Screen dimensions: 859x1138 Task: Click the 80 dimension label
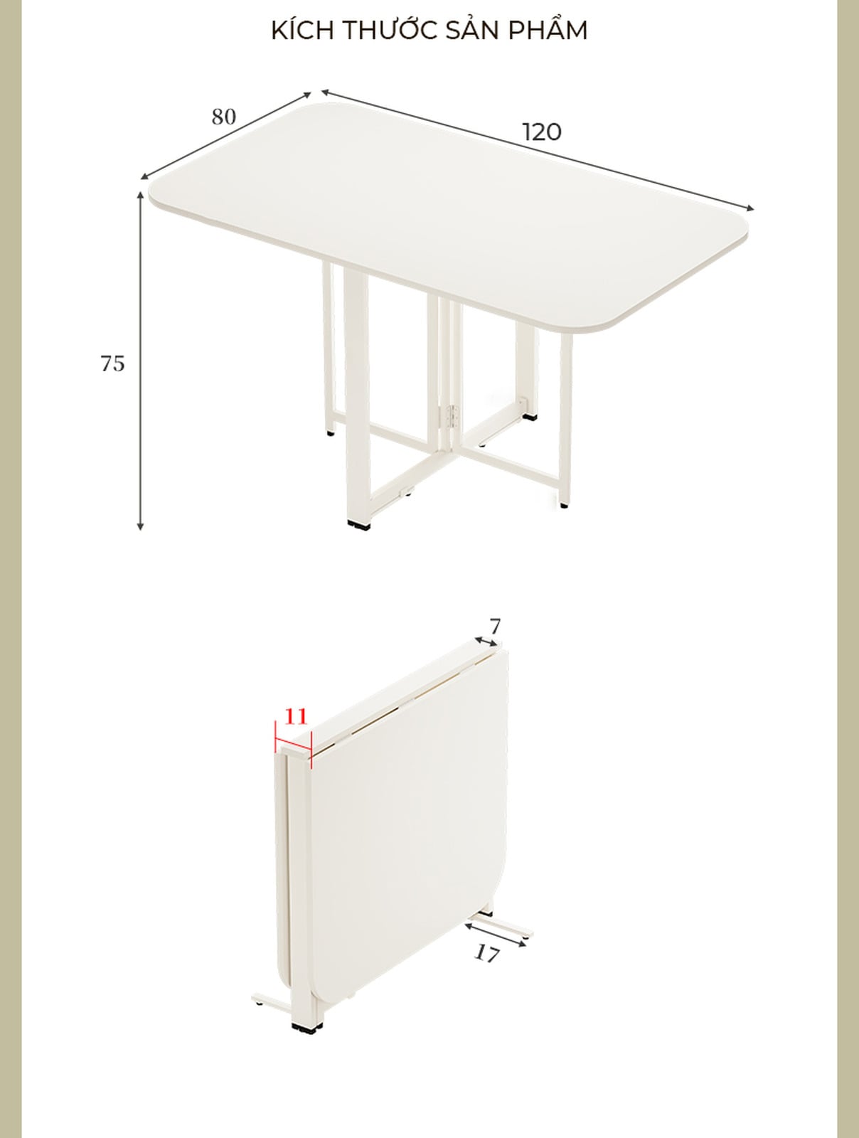pyautogui.click(x=223, y=117)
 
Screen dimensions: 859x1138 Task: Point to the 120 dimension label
pyautogui.click(x=541, y=133)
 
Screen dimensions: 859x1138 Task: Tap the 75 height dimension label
pyautogui.click(x=113, y=364)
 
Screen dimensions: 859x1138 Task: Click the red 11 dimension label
pyautogui.click(x=296, y=716)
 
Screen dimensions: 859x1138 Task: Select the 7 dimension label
pyautogui.click(x=496, y=627)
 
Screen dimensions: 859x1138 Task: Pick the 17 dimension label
pyautogui.click(x=487, y=954)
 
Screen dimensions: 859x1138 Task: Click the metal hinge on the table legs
pyautogui.click(x=454, y=417)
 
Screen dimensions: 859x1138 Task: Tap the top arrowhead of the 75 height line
pyautogui.click(x=140, y=194)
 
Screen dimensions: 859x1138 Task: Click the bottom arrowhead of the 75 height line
pyautogui.click(x=140, y=527)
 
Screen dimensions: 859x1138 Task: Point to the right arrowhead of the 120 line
pyautogui.click(x=749, y=208)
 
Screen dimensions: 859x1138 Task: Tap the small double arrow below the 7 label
pyautogui.click(x=486, y=642)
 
